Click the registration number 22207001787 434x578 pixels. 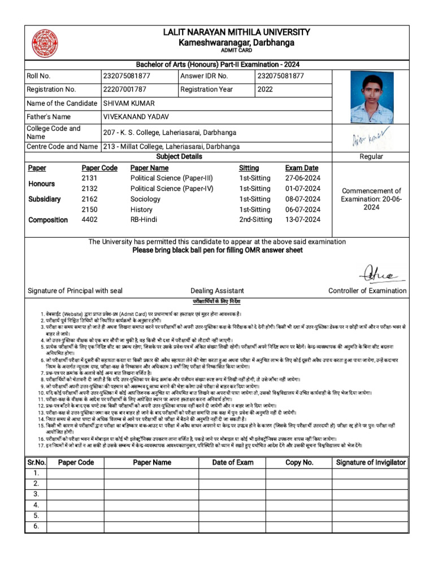click(124, 89)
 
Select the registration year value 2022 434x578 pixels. click(265, 89)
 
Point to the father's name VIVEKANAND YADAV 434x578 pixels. click(136, 116)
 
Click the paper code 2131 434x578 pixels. click(90, 178)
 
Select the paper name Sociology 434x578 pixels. click(146, 199)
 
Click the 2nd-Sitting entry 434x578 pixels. click(255, 220)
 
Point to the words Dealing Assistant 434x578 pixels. click(218, 291)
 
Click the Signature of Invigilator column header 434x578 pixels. click(371, 462)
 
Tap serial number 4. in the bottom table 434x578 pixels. click(36, 505)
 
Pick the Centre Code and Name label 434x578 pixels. click(62, 146)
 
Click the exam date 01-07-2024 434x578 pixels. click(302, 189)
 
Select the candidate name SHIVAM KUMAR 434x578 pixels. click(128, 103)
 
